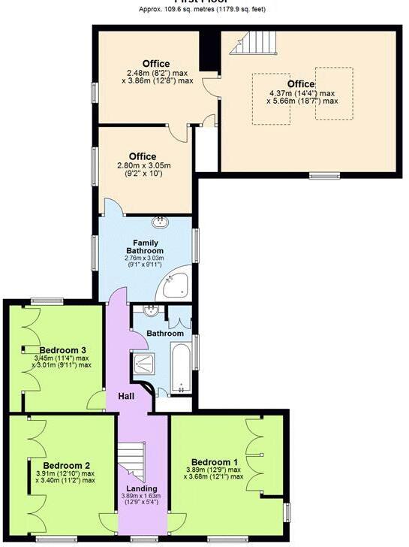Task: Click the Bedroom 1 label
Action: [215, 461]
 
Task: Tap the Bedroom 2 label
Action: [66, 465]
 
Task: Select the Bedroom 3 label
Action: [63, 350]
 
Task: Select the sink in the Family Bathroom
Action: [160, 221]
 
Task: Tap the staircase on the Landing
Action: [132, 460]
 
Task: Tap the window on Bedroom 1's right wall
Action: [287, 510]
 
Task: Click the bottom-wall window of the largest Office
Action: [325, 176]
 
